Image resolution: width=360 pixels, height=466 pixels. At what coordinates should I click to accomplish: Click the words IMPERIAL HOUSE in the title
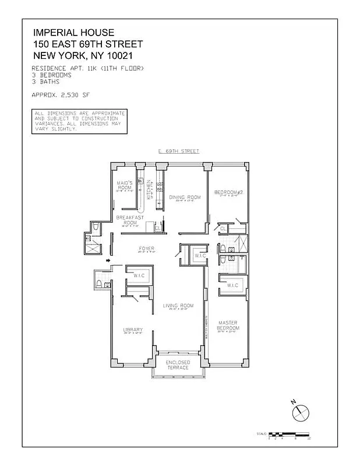click(x=73, y=33)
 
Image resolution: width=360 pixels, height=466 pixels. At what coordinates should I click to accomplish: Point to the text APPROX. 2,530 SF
click(x=61, y=94)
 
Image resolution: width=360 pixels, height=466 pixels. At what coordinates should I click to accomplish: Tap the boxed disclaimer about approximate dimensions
click(x=79, y=121)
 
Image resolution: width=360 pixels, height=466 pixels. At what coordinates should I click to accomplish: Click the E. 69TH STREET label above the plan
click(x=179, y=151)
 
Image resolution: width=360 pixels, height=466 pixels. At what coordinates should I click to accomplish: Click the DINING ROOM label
click(x=185, y=197)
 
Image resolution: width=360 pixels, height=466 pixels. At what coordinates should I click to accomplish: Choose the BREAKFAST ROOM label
click(x=130, y=220)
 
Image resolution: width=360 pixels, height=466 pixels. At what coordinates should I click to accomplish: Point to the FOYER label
click(x=146, y=249)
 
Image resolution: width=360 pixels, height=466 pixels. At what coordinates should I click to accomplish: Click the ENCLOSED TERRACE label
click(x=178, y=365)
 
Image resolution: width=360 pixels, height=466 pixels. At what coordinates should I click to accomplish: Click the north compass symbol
click(x=300, y=412)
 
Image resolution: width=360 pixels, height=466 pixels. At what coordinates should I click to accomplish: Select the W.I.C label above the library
click(x=139, y=275)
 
